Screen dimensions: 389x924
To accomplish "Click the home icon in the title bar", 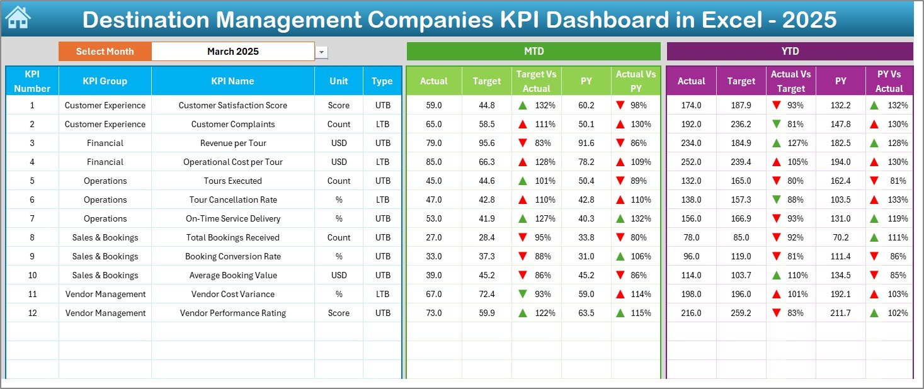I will pos(17,18).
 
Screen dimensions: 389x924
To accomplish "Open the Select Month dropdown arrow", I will pos(322,52).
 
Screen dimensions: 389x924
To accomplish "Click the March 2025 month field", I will pos(233,52).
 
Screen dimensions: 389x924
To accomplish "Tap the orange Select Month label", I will pos(105,52).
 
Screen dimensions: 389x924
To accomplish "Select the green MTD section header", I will pos(533,51).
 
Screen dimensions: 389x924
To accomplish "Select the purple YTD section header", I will pos(789,51).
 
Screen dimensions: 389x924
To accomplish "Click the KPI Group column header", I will pos(105,81).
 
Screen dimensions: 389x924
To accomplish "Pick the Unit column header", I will pos(339,81).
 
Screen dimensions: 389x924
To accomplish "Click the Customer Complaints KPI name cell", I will pos(233,124).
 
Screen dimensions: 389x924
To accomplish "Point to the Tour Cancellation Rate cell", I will pos(233,200).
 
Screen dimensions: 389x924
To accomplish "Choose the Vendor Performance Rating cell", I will pos(233,313).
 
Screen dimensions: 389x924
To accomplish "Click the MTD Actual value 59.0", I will pos(434,105).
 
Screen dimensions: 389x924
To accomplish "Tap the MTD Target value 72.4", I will pos(486,294).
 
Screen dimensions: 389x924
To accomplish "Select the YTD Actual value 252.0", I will pos(691,162).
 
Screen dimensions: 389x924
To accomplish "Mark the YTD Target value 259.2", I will pos(741,313).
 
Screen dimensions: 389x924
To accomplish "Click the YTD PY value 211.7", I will pos(840,313).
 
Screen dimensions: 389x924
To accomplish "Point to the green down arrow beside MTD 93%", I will pos(523,294).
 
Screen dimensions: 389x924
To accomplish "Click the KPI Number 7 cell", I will pos(32,218).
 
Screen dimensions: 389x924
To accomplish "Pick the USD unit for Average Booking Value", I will pos(339,275).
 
